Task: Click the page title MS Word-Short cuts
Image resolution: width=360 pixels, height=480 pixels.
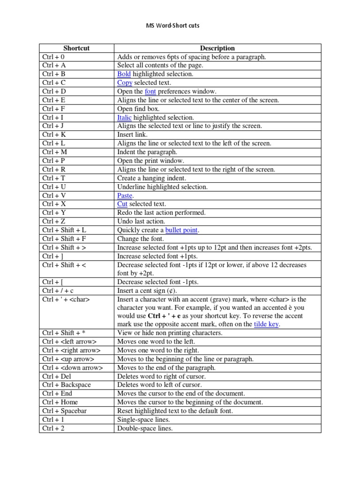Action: (173, 25)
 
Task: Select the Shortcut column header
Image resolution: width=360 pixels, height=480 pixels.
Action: (76, 48)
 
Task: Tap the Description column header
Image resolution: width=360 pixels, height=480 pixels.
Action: (217, 48)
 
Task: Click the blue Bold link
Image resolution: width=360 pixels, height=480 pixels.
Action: (124, 74)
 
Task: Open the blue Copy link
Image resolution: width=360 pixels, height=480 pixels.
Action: (125, 83)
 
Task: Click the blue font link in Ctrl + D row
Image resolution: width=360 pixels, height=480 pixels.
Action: (150, 91)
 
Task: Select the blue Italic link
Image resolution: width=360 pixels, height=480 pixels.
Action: (124, 118)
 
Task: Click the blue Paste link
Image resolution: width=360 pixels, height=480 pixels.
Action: (125, 195)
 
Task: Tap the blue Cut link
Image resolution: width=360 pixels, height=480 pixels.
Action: (122, 204)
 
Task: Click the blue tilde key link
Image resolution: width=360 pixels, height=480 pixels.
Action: (266, 324)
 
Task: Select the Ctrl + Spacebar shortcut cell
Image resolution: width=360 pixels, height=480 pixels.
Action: (65, 411)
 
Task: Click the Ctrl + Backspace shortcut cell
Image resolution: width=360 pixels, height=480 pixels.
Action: (67, 385)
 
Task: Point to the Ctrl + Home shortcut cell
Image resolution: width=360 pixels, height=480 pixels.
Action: (60, 402)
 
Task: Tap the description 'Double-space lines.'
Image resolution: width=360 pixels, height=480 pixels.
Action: (145, 428)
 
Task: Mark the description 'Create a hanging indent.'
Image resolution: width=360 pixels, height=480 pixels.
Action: (151, 178)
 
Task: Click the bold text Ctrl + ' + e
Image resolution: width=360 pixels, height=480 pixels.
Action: (165, 316)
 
